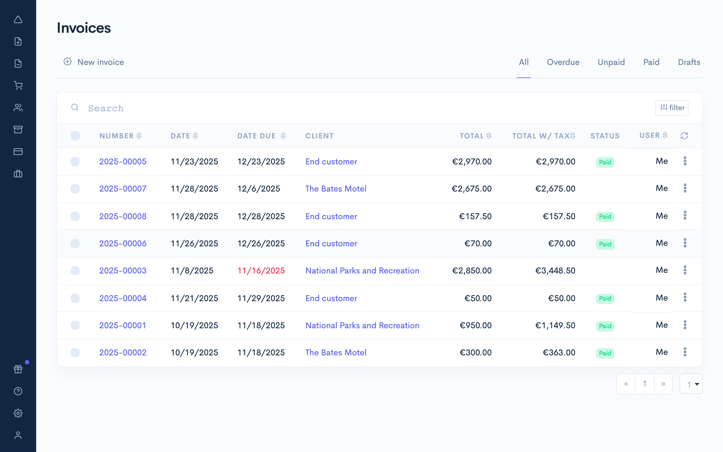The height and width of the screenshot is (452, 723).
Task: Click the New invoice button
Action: [x=94, y=62]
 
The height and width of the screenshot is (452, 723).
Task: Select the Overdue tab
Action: [x=563, y=62]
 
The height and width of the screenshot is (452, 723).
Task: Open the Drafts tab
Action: [x=689, y=62]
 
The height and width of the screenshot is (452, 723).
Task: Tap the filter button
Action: [x=672, y=108]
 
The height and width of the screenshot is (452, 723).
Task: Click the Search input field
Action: [x=358, y=108]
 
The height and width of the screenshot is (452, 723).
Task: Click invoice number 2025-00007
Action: [x=123, y=189]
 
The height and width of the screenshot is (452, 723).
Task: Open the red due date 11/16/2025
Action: [x=261, y=271]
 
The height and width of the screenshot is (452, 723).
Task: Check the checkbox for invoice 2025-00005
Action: [x=75, y=161]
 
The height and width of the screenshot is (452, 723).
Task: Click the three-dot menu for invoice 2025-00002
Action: [x=685, y=352]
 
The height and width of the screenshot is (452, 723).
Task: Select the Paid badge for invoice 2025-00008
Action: [x=605, y=216]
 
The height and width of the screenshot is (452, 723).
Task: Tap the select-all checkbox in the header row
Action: [x=75, y=136]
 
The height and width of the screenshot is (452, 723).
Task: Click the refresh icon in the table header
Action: [x=684, y=136]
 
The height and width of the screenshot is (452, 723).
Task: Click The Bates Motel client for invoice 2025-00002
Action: [x=336, y=353]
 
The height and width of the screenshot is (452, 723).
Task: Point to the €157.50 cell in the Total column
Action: [x=475, y=216]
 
